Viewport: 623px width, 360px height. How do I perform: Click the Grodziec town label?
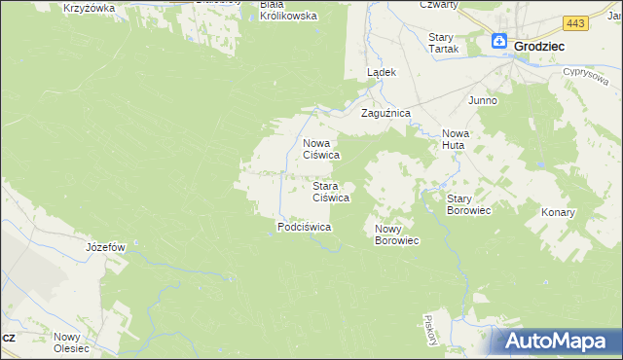tap(541, 45)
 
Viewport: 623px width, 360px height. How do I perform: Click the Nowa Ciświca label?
tap(320, 148)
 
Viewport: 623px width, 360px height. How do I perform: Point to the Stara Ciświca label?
tap(330, 191)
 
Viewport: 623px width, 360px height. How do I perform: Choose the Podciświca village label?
tap(305, 227)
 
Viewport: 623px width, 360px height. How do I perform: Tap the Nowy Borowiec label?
tap(396, 234)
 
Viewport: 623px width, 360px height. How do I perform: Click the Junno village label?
tap(483, 100)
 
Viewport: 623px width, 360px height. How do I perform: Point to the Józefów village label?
tap(106, 247)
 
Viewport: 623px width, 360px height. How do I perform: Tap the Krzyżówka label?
tap(89, 8)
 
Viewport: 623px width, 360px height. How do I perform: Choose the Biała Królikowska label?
tap(288, 11)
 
